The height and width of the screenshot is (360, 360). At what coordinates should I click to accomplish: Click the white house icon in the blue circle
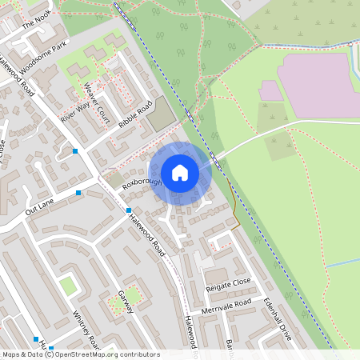click(179, 173)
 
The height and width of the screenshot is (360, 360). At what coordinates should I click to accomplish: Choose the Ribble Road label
click(134, 117)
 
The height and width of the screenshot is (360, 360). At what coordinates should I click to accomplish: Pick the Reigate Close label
click(228, 283)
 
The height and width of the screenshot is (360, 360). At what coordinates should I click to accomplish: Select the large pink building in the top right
click(316, 84)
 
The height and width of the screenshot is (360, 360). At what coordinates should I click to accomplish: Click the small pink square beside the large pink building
click(271, 90)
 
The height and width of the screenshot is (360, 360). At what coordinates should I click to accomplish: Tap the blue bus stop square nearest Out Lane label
click(78, 193)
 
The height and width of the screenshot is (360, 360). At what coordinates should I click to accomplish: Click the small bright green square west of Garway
click(69, 285)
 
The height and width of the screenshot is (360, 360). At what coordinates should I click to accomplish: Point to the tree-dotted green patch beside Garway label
click(126, 298)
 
